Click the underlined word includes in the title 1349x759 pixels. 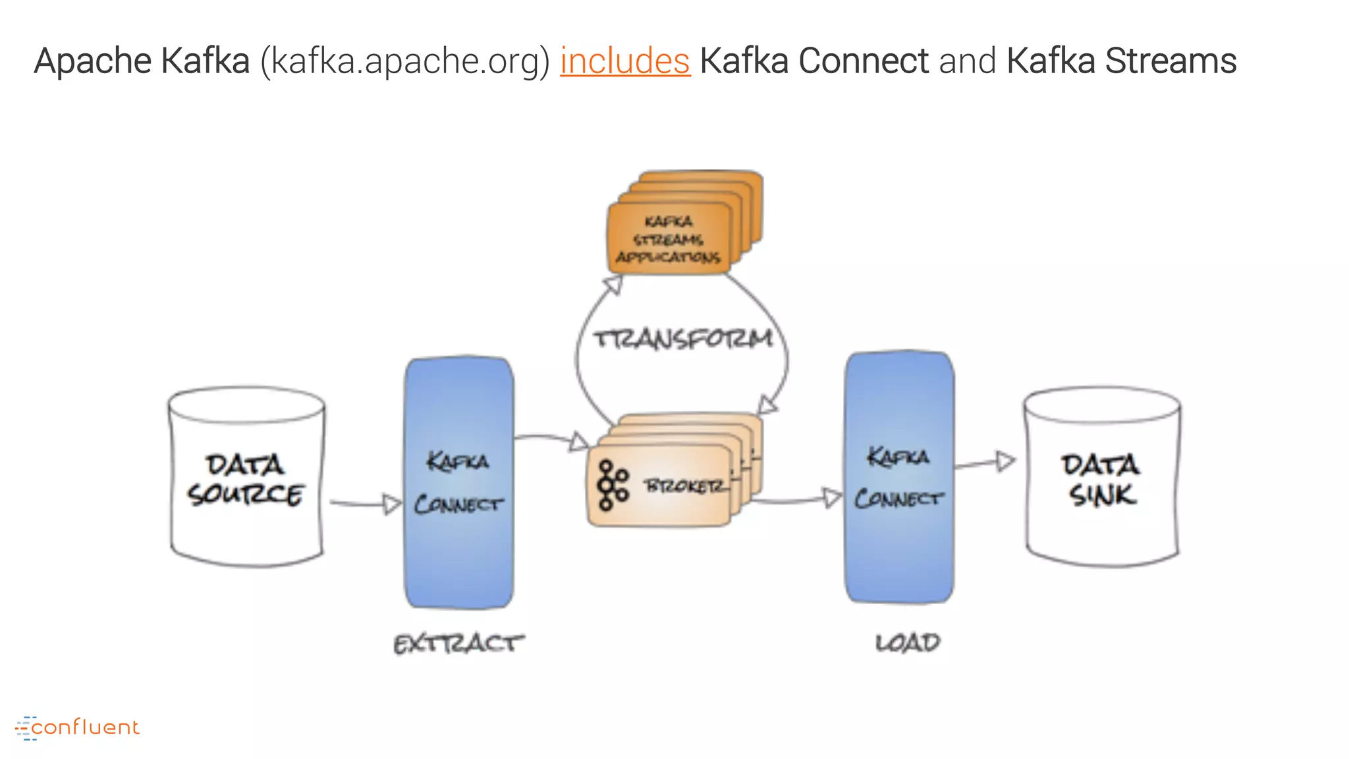click(x=624, y=61)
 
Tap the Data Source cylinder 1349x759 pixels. click(x=246, y=478)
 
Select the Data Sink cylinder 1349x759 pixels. click(x=1101, y=478)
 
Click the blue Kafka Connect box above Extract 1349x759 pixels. click(x=458, y=482)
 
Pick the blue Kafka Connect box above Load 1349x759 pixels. click(x=899, y=478)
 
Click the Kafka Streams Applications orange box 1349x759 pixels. click(x=669, y=239)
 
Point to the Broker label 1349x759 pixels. click(x=686, y=486)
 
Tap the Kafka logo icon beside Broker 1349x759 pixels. click(x=612, y=486)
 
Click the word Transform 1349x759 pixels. click(x=682, y=339)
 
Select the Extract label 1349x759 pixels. click(x=458, y=644)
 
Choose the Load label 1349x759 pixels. click(x=907, y=642)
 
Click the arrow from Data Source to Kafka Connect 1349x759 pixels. click(x=366, y=504)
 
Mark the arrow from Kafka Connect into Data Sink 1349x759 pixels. click(x=985, y=463)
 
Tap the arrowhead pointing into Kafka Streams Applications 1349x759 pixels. click(x=613, y=285)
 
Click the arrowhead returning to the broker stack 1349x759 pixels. click(x=767, y=404)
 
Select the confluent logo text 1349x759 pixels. click(x=84, y=727)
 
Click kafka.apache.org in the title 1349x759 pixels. click(x=404, y=61)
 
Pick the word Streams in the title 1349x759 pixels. click(x=1170, y=61)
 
